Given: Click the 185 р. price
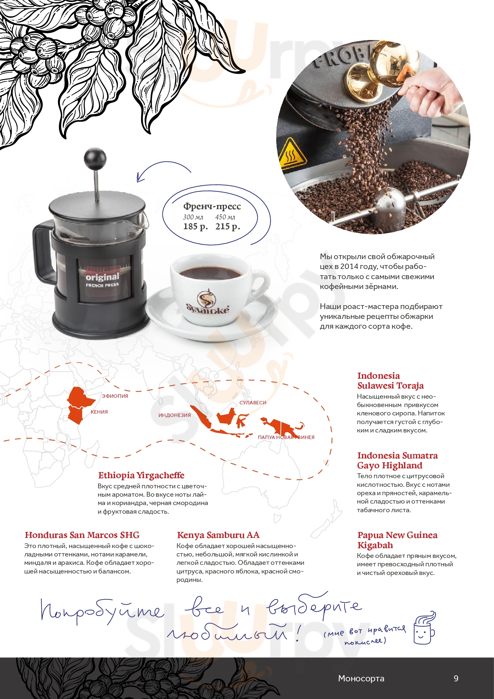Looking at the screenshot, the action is pyautogui.click(x=196, y=227).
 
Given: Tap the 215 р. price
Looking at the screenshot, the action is pyautogui.click(x=228, y=227).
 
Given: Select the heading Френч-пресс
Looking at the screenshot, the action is pyautogui.click(x=212, y=207).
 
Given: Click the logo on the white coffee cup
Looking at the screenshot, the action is pyautogui.click(x=208, y=303).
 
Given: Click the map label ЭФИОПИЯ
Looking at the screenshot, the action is pyautogui.click(x=115, y=396).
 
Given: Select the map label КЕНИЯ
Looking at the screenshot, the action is pyautogui.click(x=99, y=412).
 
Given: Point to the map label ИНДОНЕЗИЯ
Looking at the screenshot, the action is pyautogui.click(x=175, y=415).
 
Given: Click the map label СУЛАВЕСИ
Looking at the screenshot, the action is pyautogui.click(x=253, y=403).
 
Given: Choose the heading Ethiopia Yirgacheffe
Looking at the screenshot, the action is pyautogui.click(x=141, y=475).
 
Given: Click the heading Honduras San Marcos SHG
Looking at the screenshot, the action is pyautogui.click(x=82, y=535).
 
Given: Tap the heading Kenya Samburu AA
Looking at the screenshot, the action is pyautogui.click(x=218, y=535).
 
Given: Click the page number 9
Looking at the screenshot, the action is pyautogui.click(x=456, y=678).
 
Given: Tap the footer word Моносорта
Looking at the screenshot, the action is pyautogui.click(x=361, y=678).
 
